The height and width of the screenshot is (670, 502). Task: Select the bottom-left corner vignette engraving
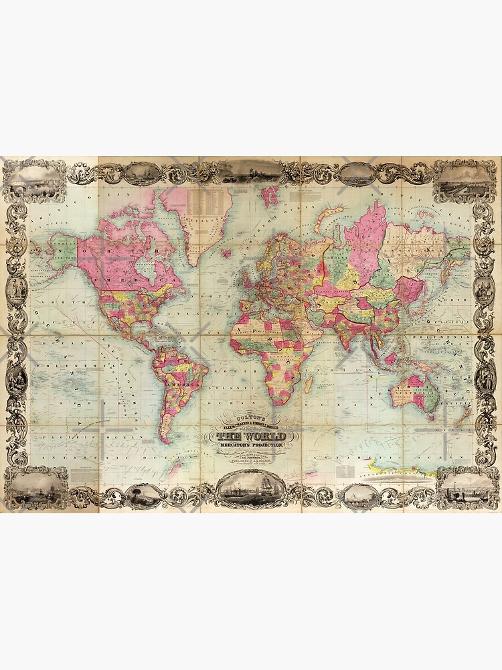point(35,487)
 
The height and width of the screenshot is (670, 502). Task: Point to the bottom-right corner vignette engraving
point(466,487)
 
